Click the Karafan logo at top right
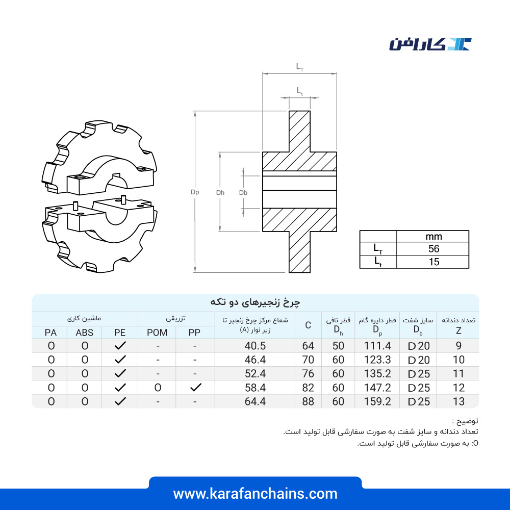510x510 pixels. (430, 44)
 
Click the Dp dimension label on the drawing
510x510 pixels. (195, 192)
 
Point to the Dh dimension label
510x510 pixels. (220, 193)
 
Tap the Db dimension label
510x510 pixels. (243, 193)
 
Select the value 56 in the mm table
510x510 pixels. (433, 249)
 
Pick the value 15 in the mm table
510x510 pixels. (433, 262)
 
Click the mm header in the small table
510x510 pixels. (433, 237)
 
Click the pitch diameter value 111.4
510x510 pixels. (377, 346)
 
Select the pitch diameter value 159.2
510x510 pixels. (377, 402)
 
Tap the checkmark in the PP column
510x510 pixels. (195, 388)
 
